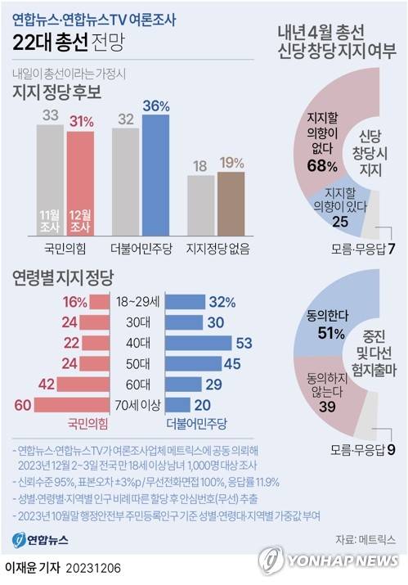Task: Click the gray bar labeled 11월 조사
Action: (x=50, y=180)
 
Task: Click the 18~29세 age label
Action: (x=136, y=301)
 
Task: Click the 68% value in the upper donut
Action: (x=321, y=166)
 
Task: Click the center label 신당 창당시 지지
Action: (x=378, y=151)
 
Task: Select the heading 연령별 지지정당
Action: (x=62, y=277)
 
